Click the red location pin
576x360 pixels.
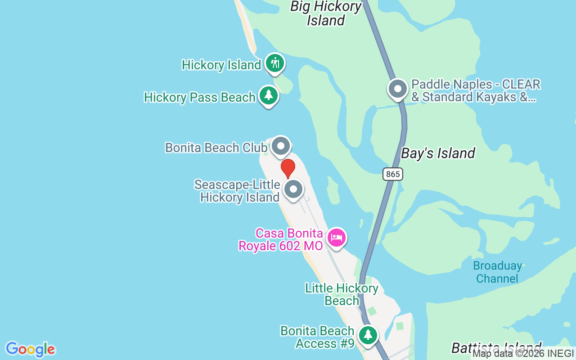(288, 168)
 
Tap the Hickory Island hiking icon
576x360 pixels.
(274, 63)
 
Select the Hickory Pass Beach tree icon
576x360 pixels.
(269, 96)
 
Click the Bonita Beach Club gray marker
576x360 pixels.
(281, 146)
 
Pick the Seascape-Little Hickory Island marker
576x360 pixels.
(293, 189)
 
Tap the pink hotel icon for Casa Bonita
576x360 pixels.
(336, 238)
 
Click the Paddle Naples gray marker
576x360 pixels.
(398, 89)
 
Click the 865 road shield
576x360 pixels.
(393, 174)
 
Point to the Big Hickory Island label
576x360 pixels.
(326, 13)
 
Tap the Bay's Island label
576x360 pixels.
(438, 153)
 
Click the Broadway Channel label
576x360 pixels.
(497, 272)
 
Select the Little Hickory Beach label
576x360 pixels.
(342, 294)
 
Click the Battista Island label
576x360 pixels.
(496, 348)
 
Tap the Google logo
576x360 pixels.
(31, 349)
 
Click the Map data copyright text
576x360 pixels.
(523, 354)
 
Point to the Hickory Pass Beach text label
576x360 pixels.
(200, 97)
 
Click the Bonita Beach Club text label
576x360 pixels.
(216, 148)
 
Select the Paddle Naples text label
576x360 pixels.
(476, 90)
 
